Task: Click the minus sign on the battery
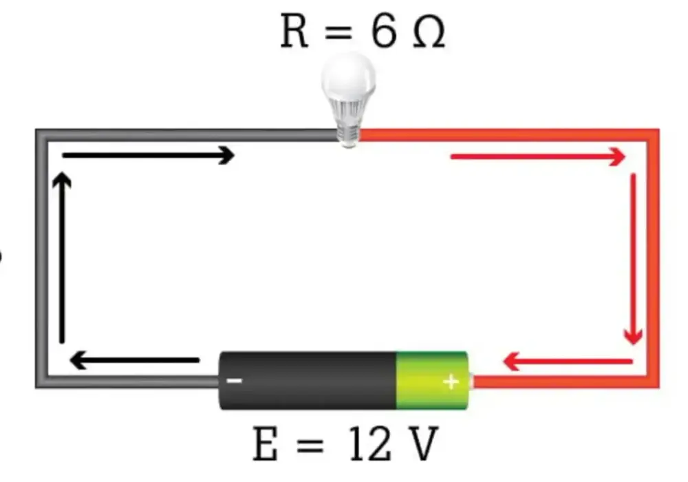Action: point(234,381)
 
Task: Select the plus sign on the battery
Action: point(451,382)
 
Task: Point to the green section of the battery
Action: point(433,380)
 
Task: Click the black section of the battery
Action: point(308,380)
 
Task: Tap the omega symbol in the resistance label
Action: point(429,32)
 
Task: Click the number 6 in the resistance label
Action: point(383,32)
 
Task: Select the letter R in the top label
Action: point(294,32)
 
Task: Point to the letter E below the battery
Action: point(266,444)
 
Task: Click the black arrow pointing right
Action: point(149,156)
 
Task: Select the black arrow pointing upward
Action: point(62,258)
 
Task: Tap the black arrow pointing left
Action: point(135,360)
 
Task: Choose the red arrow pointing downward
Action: point(633,260)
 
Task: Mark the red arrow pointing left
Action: point(568,361)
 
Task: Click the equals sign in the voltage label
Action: point(310,445)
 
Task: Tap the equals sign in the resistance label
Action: point(338,32)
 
